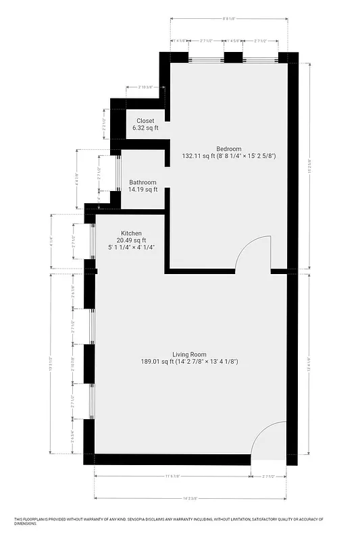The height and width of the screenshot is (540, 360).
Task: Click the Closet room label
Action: click(145, 121)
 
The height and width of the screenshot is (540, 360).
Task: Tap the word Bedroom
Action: click(229, 148)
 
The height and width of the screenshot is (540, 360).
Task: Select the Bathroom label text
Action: click(143, 182)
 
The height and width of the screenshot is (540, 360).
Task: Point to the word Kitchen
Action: click(131, 234)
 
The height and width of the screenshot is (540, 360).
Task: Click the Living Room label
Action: click(189, 354)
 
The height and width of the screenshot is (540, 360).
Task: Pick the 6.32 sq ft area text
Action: click(145, 128)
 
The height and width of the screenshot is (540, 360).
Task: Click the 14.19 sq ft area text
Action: click(143, 190)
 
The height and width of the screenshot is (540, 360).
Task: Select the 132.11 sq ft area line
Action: click(229, 156)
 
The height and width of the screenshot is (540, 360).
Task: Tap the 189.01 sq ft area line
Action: click(189, 362)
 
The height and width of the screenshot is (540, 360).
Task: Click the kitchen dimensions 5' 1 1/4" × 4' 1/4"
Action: click(131, 248)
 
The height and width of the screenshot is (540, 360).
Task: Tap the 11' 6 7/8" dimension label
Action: click(173, 477)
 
